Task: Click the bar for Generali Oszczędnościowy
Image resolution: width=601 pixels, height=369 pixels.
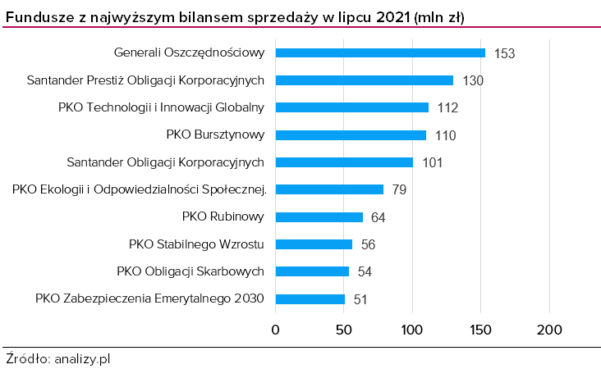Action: click(380, 52)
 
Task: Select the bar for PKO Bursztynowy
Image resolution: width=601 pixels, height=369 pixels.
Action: click(351, 134)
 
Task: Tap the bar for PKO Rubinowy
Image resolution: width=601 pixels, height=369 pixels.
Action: click(319, 216)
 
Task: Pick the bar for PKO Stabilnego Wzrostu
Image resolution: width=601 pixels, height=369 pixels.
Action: click(314, 244)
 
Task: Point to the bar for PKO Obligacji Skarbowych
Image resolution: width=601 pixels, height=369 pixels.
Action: click(312, 271)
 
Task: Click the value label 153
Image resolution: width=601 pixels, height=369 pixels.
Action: click(504, 53)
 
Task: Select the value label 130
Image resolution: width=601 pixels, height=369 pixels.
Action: click(473, 80)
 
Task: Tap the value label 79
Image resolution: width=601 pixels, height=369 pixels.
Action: click(399, 189)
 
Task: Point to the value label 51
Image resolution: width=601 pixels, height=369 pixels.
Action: click(360, 299)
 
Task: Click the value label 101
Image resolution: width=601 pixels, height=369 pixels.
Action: click(433, 162)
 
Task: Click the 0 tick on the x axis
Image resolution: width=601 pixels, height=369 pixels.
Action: click(276, 330)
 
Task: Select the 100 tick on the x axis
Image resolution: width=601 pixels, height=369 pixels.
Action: click(412, 330)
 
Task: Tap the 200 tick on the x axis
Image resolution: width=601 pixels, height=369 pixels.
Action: click(549, 330)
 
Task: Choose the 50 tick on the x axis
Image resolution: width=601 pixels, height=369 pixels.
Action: click(344, 330)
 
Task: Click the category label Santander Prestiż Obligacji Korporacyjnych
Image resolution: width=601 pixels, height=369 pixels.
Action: click(145, 80)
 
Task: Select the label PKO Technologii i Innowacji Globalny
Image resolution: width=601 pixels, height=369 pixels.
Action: click(161, 107)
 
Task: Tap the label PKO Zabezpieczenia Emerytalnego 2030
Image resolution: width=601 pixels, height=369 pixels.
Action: click(149, 298)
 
